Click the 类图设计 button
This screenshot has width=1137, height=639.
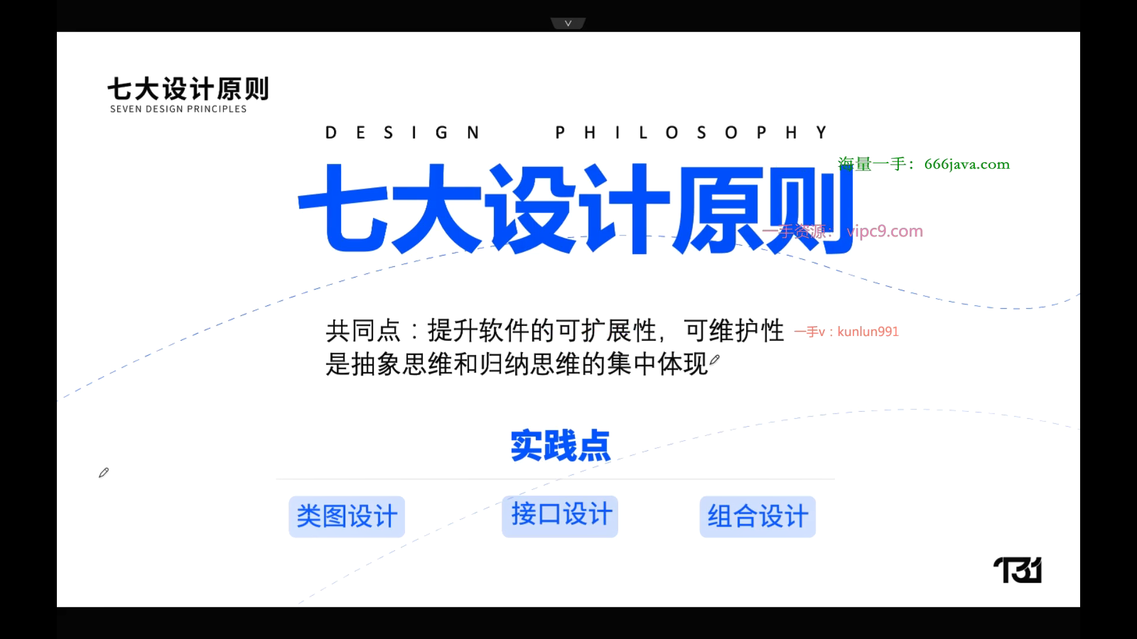[x=347, y=517]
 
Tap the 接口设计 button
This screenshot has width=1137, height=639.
[x=560, y=516]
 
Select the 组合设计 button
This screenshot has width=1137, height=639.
[x=758, y=517]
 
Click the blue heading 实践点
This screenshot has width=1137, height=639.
[x=560, y=446]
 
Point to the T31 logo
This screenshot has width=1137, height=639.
[x=1017, y=570]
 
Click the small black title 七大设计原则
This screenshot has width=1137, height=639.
[x=188, y=89]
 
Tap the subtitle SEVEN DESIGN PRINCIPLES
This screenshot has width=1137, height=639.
[x=178, y=109]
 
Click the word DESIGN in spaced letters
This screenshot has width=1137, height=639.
[x=402, y=133]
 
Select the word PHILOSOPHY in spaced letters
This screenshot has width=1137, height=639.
[x=691, y=133]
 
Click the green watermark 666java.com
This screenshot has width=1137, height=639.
[x=967, y=164]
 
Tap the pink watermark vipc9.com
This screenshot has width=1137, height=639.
[x=885, y=231]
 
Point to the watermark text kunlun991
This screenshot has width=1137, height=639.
[x=868, y=331]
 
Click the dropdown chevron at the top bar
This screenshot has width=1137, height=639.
[x=568, y=23]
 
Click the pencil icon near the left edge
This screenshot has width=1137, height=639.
[x=104, y=473]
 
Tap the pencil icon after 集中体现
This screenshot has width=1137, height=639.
[x=715, y=360]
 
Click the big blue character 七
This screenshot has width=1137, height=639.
[x=342, y=207]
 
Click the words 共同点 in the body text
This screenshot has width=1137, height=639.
[x=363, y=331]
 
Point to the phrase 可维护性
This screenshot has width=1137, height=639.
[x=734, y=331]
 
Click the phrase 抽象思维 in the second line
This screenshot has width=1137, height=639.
[x=402, y=364]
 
